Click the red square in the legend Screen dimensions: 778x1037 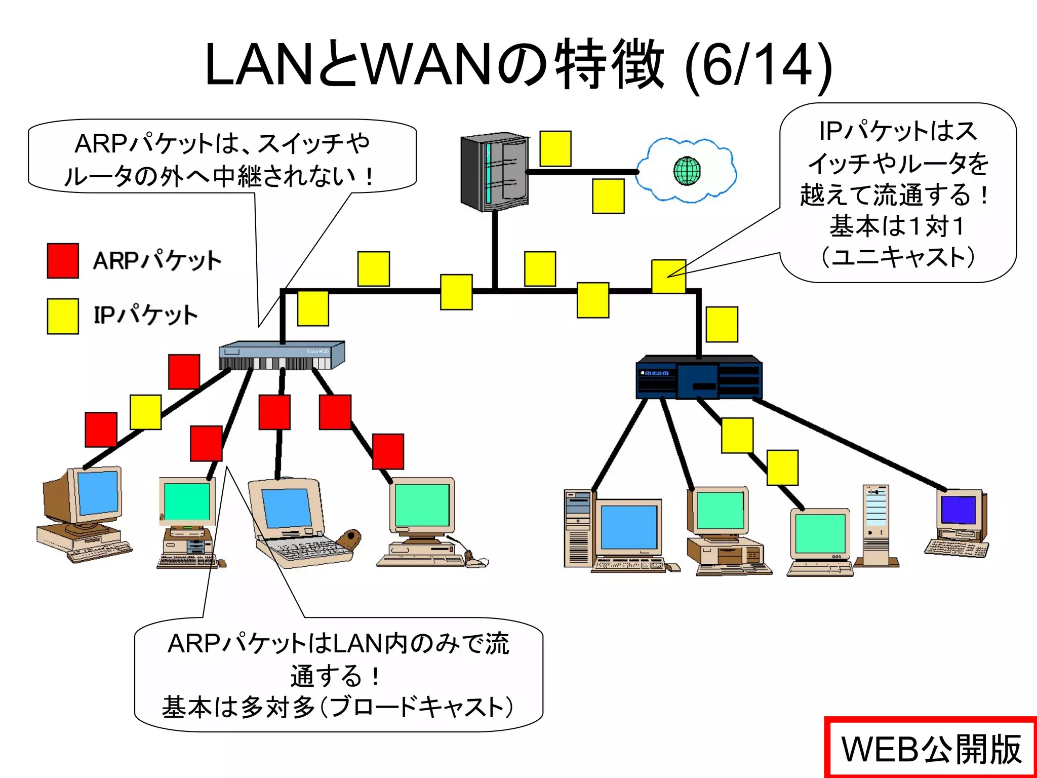tap(63, 260)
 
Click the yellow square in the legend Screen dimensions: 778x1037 tap(63, 316)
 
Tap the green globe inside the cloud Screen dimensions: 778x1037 tap(687, 171)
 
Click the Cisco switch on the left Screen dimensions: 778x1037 tap(282, 356)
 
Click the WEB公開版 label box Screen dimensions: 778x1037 tap(931, 749)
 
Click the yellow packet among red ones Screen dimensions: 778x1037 tap(146, 412)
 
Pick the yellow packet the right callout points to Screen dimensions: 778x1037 tap(668, 276)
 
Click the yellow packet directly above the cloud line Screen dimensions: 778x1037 tap(555, 148)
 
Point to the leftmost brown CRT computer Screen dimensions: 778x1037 tap(84, 514)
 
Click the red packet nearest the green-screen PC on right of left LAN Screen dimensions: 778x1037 tap(388, 451)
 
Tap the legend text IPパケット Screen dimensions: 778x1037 tap(145, 315)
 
